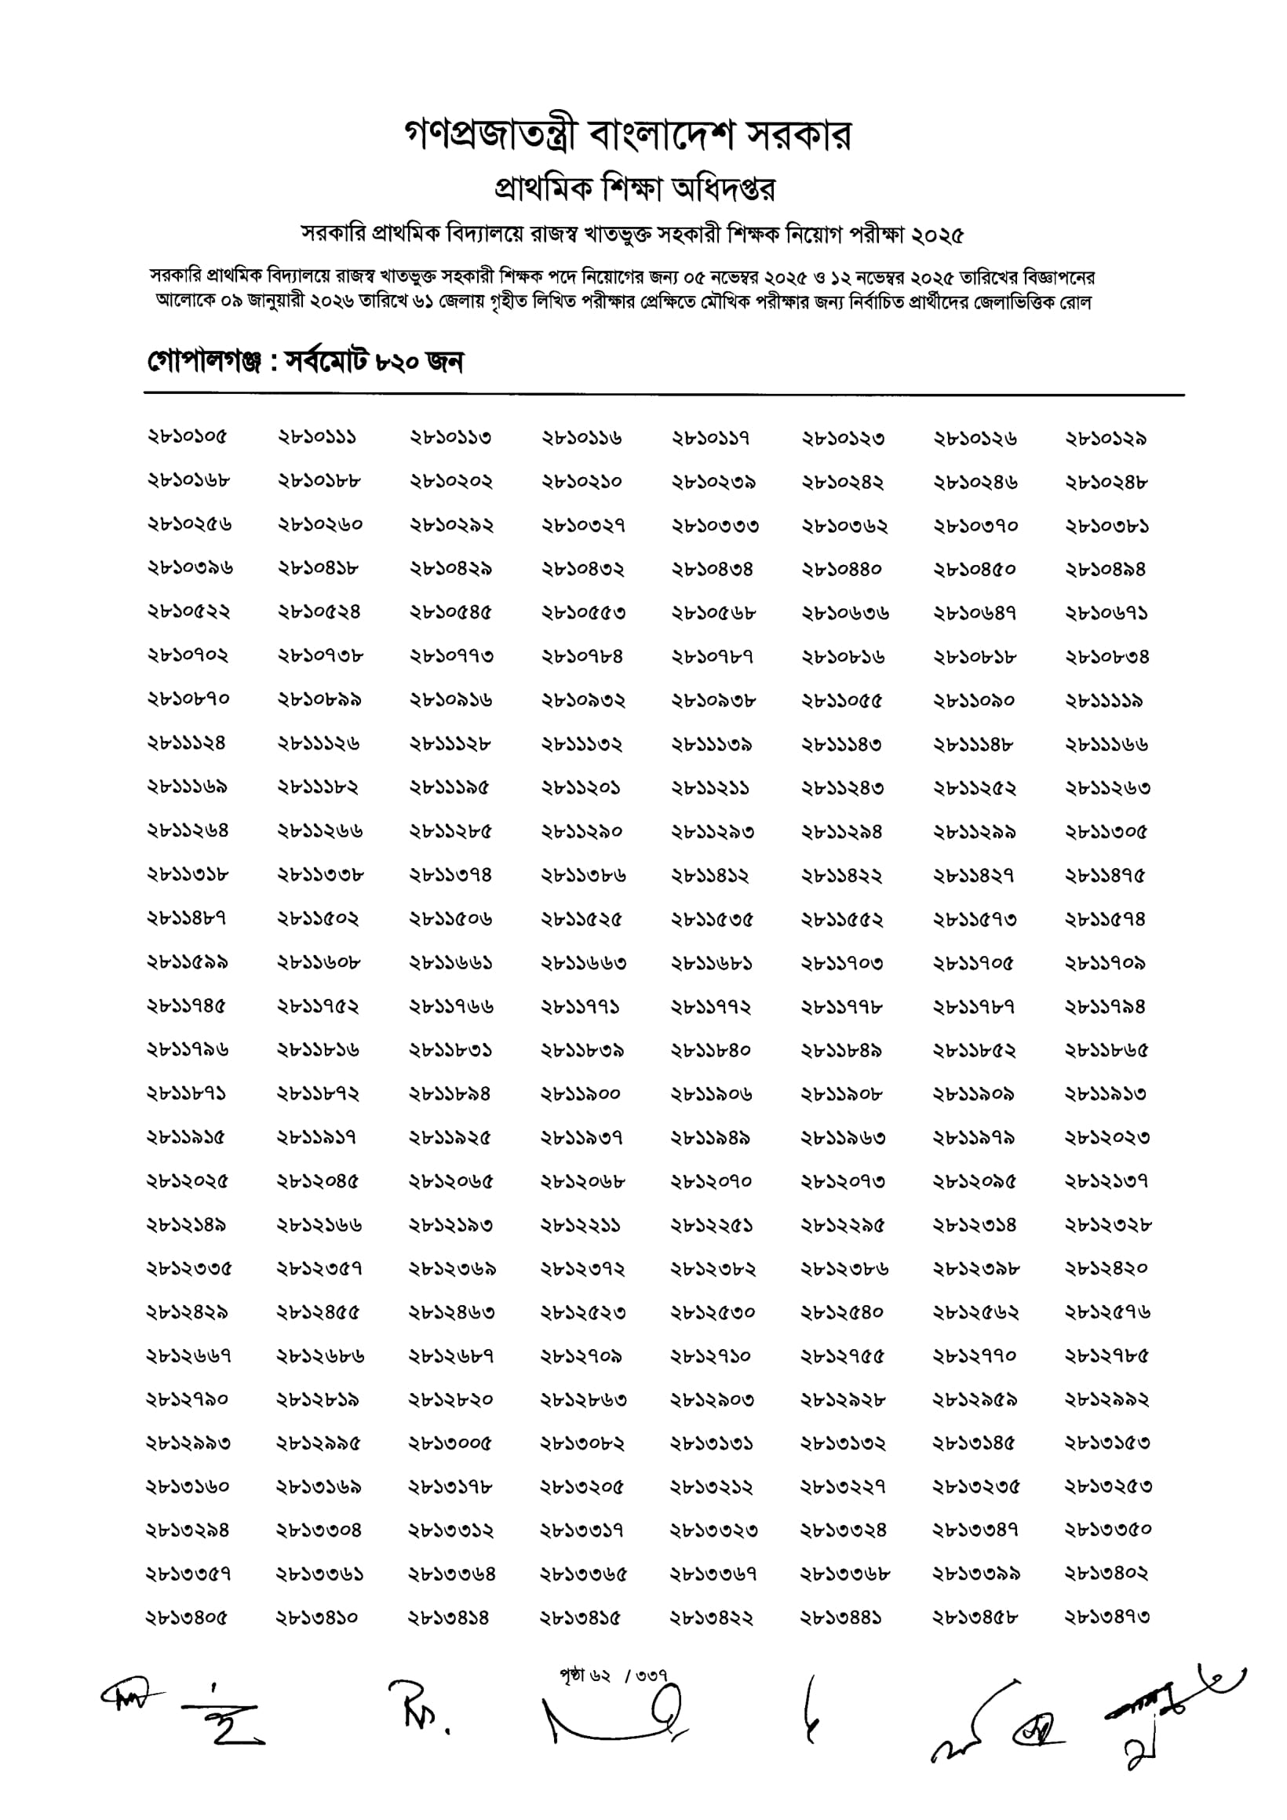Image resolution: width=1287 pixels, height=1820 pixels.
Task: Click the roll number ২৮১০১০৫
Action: pyautogui.click(x=187, y=437)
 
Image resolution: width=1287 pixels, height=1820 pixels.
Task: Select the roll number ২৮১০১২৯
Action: pyautogui.click(x=1107, y=439)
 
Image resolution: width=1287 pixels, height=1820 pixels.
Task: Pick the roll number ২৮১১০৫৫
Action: pyautogui.click(x=841, y=701)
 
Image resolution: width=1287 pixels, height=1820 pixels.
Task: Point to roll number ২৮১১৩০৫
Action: pyautogui.click(x=1107, y=833)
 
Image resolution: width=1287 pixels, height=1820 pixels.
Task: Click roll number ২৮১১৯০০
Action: pyautogui.click(x=581, y=1094)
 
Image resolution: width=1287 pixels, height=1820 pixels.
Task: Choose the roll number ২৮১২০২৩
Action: pyautogui.click(x=1107, y=1138)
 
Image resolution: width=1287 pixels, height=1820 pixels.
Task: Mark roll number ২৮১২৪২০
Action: pyautogui.click(x=1107, y=1268)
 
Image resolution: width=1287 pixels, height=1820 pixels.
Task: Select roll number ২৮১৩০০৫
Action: pyautogui.click(x=450, y=1443)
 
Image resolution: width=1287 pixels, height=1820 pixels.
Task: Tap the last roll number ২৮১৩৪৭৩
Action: pyautogui.click(x=1107, y=1617)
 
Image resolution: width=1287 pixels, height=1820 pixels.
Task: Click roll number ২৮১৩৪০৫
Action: pyautogui.click(x=187, y=1617)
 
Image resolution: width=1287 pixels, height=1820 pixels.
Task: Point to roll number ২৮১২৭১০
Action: pyautogui.click(x=711, y=1356)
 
